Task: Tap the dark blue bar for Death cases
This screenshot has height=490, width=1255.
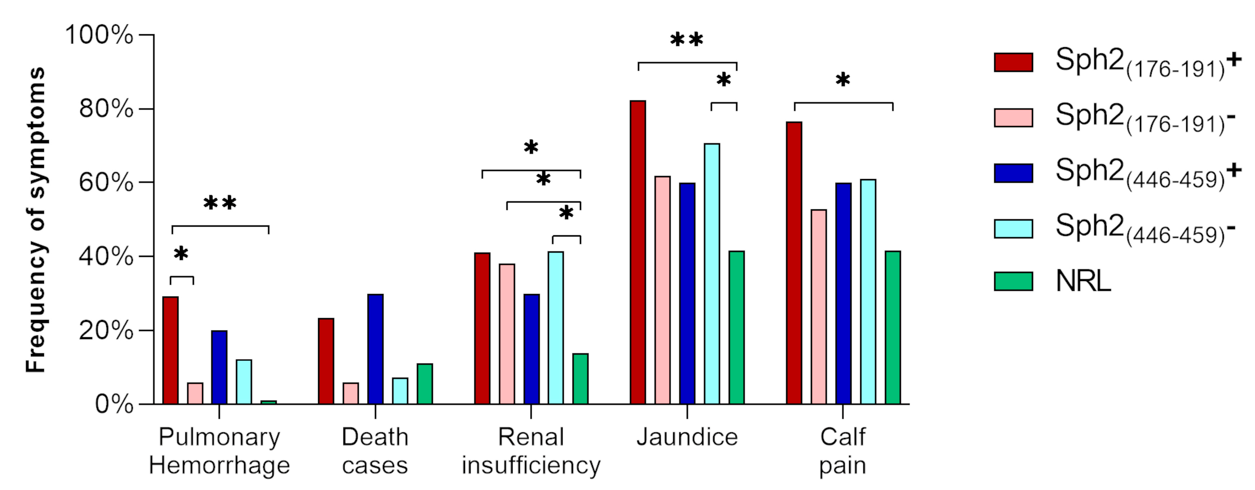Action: pos(375,349)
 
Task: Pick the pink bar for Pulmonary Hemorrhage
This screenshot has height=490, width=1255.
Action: pos(195,393)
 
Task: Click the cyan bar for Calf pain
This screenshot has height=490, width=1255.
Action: pos(868,292)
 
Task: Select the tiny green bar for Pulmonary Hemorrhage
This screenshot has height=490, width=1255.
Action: pos(268,402)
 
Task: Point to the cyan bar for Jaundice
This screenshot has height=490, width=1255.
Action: pos(712,274)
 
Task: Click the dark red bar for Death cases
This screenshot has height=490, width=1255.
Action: pos(326,361)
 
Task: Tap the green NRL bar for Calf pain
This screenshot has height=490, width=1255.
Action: pos(893,328)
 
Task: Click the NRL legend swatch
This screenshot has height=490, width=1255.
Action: pos(1013,281)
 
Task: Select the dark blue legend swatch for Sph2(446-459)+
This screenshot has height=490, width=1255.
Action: pos(1013,173)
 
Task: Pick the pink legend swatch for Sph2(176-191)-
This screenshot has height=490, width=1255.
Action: pos(1013,118)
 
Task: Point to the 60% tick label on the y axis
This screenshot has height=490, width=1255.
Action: pos(106,183)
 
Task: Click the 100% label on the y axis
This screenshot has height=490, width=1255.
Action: pos(99,35)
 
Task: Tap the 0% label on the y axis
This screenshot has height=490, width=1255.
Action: pos(114,404)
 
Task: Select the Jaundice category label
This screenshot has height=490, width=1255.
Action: pos(687,437)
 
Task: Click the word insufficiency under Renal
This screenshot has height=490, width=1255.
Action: pos(531,465)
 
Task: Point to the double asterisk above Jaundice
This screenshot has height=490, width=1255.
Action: pos(687,40)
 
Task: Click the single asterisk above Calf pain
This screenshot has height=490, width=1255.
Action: pos(843,80)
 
